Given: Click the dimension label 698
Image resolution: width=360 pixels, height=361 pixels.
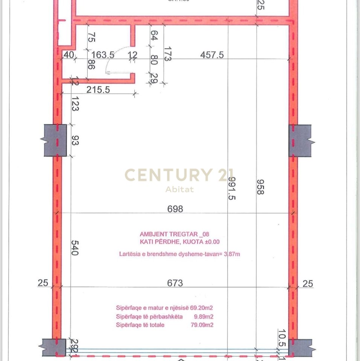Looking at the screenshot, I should coord(175,208).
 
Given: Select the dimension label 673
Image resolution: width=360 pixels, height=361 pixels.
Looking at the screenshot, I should coord(175,282).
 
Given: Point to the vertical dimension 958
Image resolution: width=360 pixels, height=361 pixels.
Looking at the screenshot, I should coord(259,186).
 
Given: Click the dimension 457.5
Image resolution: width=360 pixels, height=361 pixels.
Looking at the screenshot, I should coord(212,55).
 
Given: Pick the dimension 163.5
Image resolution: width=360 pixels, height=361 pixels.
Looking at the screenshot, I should coord(103,55).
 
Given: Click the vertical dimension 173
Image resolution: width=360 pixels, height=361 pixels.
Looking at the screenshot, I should coord(167,54).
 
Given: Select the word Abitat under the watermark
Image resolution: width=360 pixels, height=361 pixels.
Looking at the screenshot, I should coord(180,190).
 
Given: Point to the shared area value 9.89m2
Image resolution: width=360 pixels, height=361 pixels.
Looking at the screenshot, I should coord(205,317).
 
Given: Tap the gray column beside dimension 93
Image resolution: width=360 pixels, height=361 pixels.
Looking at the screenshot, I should coord(55,141).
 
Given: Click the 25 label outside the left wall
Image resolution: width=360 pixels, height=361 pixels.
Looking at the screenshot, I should coord(43,283).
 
